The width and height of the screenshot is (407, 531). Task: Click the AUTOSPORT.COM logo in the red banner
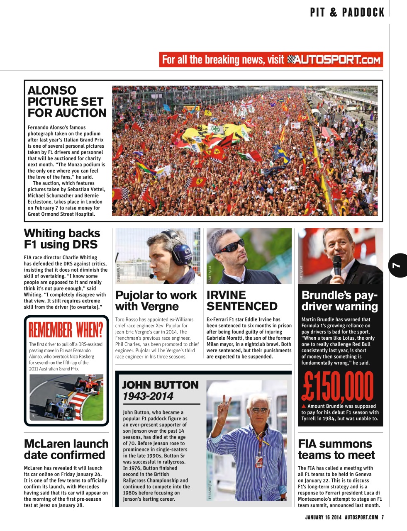[334, 60]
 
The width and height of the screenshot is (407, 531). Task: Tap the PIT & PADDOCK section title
[347, 12]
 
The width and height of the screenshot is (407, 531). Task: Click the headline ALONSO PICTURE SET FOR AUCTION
[67, 102]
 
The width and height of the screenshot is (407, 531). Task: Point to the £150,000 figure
[338, 387]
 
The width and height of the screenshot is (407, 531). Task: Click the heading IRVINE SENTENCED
[242, 301]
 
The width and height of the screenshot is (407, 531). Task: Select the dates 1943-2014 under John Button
[148, 396]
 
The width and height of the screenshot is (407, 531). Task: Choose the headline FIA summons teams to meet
[336, 449]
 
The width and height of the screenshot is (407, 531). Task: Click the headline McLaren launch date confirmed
[66, 449]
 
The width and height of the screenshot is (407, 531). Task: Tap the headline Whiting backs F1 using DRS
[62, 239]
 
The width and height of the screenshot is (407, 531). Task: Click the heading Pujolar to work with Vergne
[156, 301]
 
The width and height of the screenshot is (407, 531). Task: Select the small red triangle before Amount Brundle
[304, 406]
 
